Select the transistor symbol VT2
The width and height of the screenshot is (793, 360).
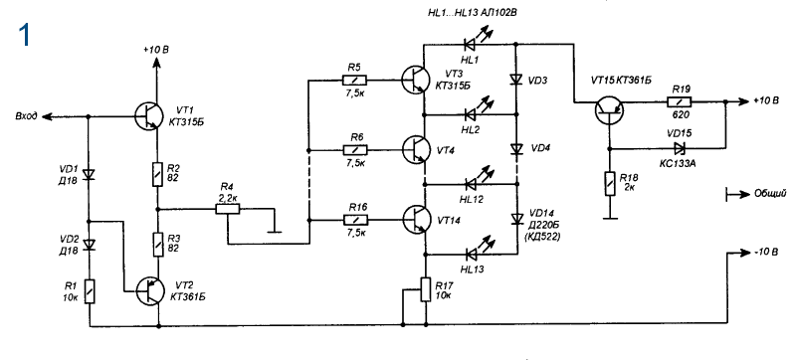[x=151, y=291]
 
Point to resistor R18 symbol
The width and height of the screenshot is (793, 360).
[x=610, y=182]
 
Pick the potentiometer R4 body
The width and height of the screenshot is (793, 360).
[x=228, y=209]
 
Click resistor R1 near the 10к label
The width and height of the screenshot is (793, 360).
[x=90, y=290]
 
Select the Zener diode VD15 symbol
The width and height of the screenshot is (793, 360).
[x=679, y=148]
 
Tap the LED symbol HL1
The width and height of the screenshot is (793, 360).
[x=472, y=42]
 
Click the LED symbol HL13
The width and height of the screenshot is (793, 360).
[x=472, y=252]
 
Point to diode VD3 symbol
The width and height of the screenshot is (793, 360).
[x=516, y=80]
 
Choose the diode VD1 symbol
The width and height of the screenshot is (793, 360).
[x=90, y=175]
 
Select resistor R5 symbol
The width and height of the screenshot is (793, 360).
[x=354, y=80]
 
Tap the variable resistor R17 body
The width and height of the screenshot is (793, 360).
[x=425, y=288]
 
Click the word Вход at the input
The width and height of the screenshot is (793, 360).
[x=26, y=116]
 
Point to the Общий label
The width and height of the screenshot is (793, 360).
[x=770, y=194]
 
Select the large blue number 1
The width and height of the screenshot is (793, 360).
[x=24, y=36]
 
